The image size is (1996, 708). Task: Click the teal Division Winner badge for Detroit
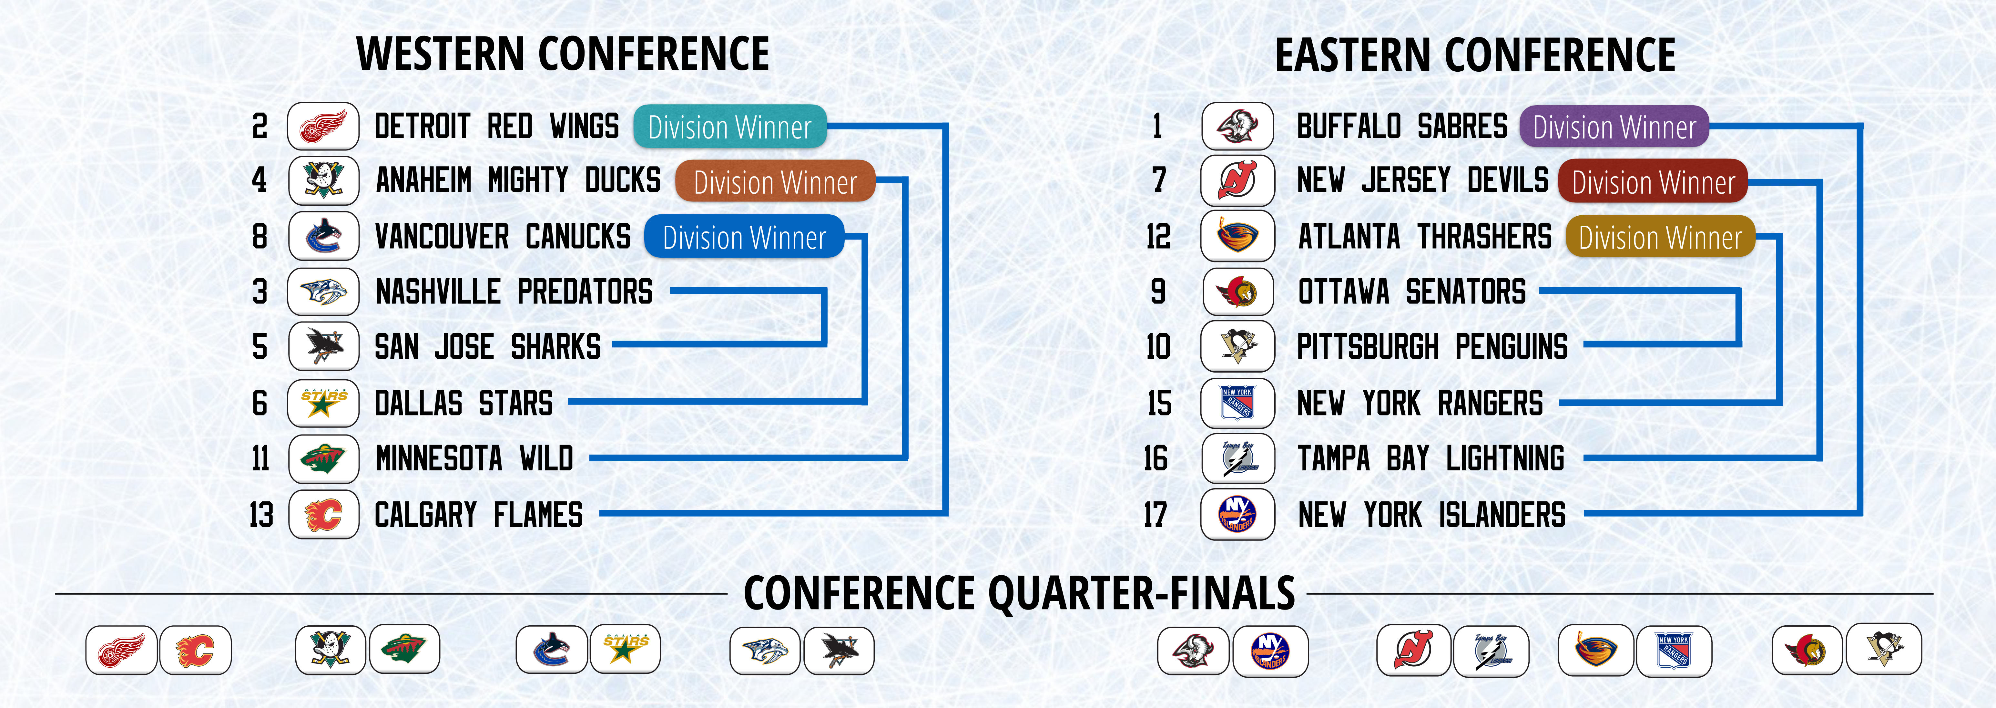click(730, 126)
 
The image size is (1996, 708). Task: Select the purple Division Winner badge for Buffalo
click(1614, 126)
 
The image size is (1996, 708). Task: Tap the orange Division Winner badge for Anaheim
click(775, 181)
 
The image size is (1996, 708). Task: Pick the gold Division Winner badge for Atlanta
click(1660, 236)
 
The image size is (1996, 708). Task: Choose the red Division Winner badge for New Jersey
click(1653, 181)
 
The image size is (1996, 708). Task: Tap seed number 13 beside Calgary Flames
click(261, 514)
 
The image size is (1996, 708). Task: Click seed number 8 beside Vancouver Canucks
click(260, 236)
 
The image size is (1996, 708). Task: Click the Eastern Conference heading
click(1475, 54)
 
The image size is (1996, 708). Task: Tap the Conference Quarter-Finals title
click(1019, 593)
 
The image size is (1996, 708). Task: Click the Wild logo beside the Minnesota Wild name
click(323, 458)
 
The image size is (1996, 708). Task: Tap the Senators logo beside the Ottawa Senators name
click(1237, 292)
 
